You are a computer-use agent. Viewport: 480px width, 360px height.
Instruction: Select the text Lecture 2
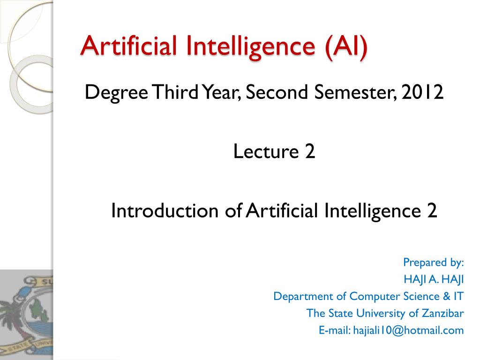tap(274, 152)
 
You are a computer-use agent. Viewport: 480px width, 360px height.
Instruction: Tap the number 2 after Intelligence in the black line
tap(431, 211)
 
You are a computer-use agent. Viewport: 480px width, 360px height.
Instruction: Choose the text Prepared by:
tap(433, 262)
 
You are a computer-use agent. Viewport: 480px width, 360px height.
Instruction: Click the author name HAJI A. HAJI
tap(434, 279)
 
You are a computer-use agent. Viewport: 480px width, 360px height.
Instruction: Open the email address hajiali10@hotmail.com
tap(408, 330)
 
